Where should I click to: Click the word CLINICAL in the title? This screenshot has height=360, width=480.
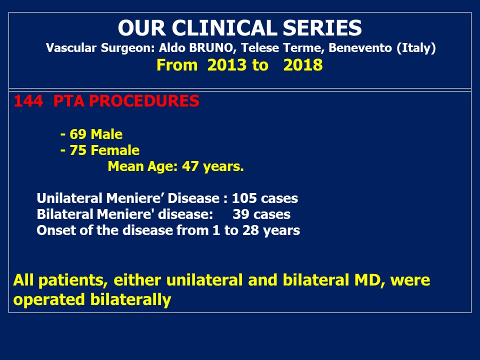tap(224, 28)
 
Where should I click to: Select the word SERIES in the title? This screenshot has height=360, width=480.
tap(322, 28)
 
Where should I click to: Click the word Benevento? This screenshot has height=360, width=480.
tap(360, 48)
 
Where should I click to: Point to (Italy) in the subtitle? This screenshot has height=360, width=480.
tap(416, 48)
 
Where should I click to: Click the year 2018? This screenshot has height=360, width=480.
tap(303, 65)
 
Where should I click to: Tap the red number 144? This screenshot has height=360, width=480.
tap(28, 101)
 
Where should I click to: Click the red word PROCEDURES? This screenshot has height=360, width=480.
tap(144, 101)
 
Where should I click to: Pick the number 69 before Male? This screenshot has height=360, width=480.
tap(78, 134)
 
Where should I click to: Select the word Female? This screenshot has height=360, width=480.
tap(115, 150)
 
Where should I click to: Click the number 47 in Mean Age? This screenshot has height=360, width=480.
tap(190, 166)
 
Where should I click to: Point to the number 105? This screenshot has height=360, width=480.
tap(244, 198)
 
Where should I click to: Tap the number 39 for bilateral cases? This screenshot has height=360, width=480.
tap(240, 214)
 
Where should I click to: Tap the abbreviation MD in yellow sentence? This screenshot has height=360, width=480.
tap(369, 280)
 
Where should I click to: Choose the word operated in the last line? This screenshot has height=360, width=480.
tap(49, 300)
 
